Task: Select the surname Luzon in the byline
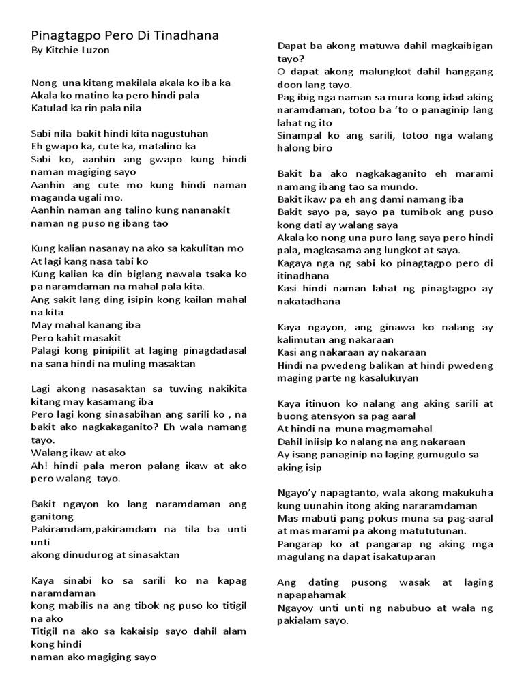[x=96, y=51]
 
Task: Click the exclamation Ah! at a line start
[x=38, y=466]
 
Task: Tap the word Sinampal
[x=300, y=136]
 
